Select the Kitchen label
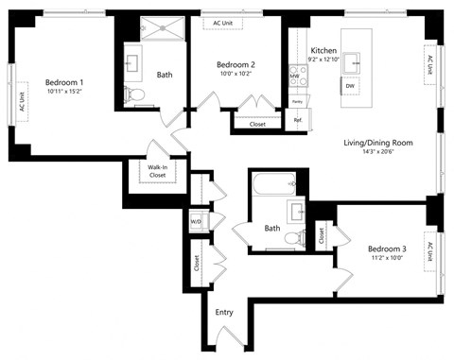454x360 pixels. point(323,50)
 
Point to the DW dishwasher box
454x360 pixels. point(350,86)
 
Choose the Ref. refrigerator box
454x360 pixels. point(297,120)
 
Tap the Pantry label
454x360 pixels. point(297,100)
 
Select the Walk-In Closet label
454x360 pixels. point(157,171)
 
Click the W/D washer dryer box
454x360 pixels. point(197,222)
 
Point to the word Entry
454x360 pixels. point(224,312)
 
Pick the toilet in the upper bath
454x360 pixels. point(133,94)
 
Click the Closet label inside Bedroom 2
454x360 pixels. point(257,124)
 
